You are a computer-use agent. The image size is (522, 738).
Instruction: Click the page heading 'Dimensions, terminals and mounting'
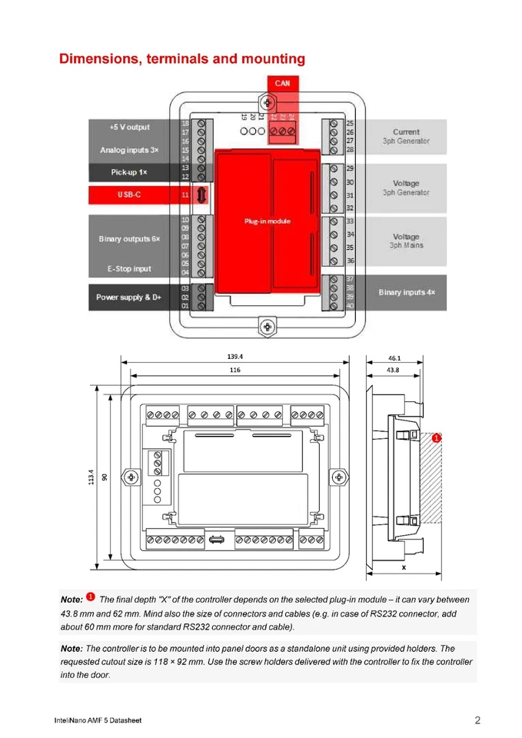coord(182,59)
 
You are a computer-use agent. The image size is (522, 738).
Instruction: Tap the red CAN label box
coord(282,83)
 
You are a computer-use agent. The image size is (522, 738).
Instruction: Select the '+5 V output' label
coord(129,127)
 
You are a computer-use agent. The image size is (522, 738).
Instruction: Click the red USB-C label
coord(129,195)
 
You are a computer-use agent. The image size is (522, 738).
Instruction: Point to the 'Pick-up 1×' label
coord(129,172)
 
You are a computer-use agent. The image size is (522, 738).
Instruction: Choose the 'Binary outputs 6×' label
coord(129,240)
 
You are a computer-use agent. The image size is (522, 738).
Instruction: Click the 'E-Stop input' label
coord(129,269)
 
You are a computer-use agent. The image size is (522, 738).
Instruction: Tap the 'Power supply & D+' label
coord(129,297)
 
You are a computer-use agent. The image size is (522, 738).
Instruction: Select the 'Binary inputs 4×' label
coord(406,293)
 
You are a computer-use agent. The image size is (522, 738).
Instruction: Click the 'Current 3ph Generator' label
coord(406,137)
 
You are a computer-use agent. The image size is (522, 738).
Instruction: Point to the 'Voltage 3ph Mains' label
coord(406,241)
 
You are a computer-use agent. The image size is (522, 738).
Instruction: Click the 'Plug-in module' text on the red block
coord(268,221)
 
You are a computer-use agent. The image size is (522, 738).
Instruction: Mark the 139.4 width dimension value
coord(235,357)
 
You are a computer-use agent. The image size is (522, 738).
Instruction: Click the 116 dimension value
coord(235,371)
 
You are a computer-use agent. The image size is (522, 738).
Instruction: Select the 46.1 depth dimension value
coord(394,357)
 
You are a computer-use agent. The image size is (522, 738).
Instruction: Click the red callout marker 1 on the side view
coord(435,438)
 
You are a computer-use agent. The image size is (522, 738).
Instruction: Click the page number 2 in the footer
coord(477,720)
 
